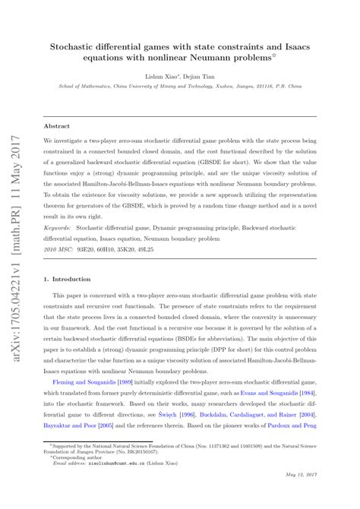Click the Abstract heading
coord(57,126)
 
